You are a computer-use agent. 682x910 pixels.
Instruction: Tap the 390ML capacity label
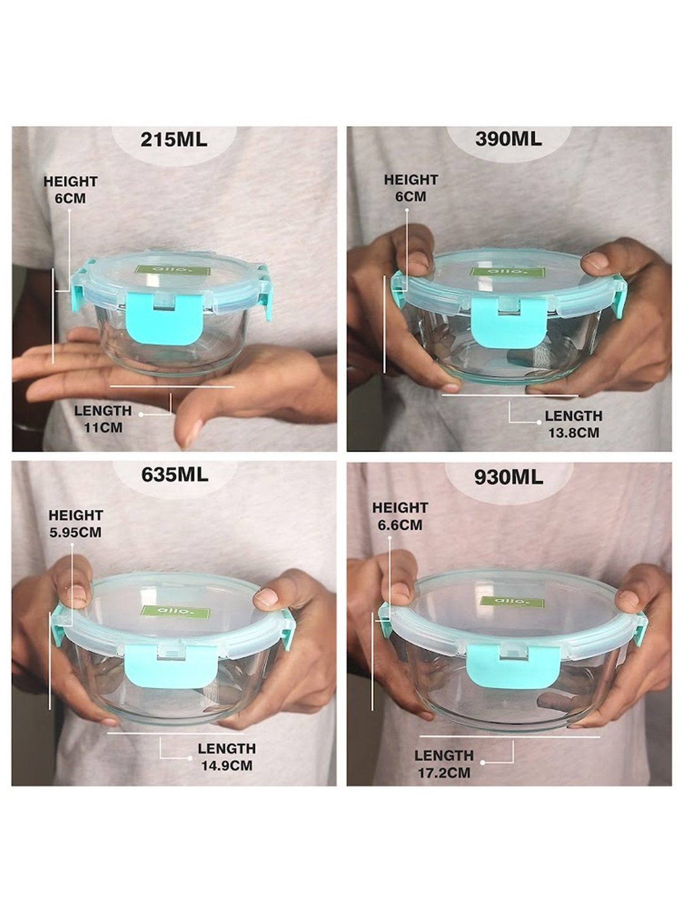pos(508,139)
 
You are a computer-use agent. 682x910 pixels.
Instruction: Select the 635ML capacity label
pos(175,475)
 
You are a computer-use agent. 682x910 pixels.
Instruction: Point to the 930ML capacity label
pos(508,477)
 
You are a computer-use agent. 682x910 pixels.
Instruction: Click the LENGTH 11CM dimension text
pos(103,419)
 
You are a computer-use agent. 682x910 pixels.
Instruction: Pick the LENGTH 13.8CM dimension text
pos(573,424)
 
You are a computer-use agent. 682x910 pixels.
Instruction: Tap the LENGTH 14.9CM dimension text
pos(226,756)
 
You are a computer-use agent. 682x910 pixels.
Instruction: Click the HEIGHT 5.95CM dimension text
pos(75,524)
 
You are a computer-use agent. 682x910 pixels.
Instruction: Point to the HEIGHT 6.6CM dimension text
pos(400,516)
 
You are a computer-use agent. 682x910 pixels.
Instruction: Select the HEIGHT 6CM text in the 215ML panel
pos(70,190)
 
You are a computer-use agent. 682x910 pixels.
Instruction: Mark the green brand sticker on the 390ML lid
pos(507,272)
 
